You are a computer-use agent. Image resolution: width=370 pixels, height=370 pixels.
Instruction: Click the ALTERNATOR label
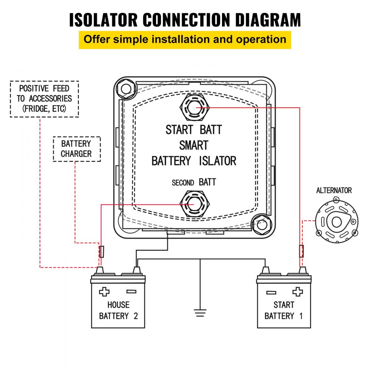334,191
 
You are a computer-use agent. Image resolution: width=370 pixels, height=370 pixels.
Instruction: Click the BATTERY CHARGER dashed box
76,149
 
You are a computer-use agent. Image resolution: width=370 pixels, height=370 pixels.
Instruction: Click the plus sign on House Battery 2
104,292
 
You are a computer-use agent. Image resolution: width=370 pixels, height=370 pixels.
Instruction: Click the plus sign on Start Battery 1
297,292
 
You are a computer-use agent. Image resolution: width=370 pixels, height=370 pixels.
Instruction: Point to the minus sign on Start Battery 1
271,292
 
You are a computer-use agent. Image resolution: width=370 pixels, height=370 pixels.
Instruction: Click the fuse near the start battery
302,251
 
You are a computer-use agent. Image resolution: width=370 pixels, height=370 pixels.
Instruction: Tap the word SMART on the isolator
194,145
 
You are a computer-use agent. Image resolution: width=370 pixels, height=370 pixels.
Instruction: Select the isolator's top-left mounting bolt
125,88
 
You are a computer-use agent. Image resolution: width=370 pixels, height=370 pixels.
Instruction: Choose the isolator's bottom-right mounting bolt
262,224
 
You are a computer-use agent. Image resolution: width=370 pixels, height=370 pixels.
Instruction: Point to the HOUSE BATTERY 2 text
118,310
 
